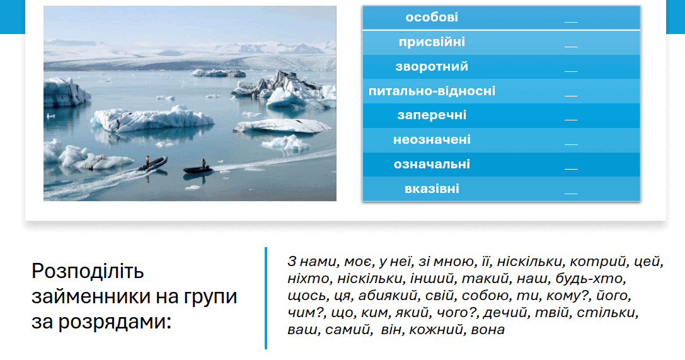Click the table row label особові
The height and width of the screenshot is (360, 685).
pyautogui.click(x=432, y=17)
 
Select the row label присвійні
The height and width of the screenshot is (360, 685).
pyautogui.click(x=432, y=42)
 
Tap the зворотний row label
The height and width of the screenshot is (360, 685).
pyautogui.click(x=432, y=66)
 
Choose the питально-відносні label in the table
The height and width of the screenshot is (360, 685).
pyautogui.click(x=432, y=91)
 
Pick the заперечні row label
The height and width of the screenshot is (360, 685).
pyautogui.click(x=432, y=115)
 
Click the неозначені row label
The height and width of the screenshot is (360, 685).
pyautogui.click(x=432, y=140)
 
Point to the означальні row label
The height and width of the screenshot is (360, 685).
pyautogui.click(x=432, y=165)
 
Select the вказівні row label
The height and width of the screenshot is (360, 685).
pyautogui.click(x=432, y=189)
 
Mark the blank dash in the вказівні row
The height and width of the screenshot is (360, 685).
pyautogui.click(x=571, y=193)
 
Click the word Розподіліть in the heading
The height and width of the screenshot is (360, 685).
pyautogui.click(x=88, y=272)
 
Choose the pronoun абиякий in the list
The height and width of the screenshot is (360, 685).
pyautogui.click(x=388, y=296)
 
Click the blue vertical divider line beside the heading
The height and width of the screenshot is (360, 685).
pyautogui.click(x=265, y=298)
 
